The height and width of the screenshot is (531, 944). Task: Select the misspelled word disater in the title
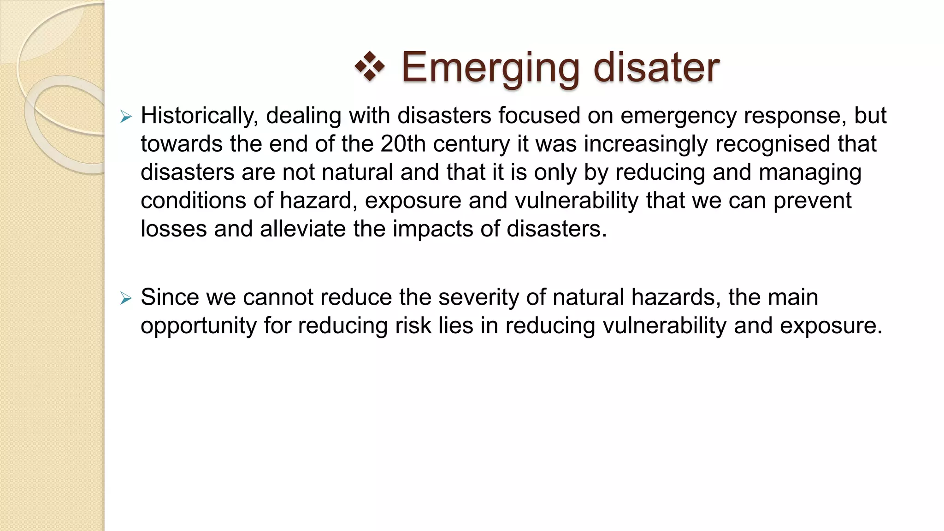coord(656,67)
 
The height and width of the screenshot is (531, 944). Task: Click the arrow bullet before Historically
coord(126,117)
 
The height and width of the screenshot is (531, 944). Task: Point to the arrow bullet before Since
coord(126,298)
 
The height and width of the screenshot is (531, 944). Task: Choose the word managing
coord(810,173)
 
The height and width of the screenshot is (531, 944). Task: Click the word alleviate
coord(303,229)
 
